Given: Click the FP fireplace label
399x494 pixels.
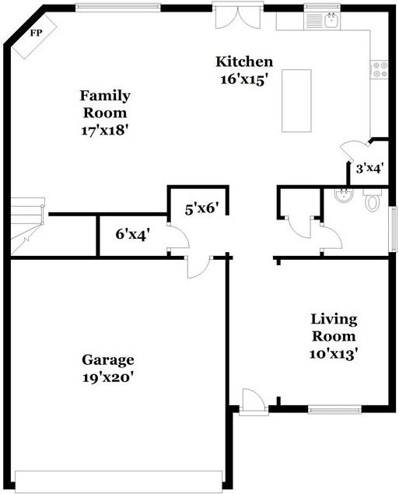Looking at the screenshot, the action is (36, 33).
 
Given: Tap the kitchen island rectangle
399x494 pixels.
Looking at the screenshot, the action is (296, 100).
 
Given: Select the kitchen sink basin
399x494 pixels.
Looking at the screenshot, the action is (331, 21).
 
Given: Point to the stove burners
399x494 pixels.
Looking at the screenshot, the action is (380, 69).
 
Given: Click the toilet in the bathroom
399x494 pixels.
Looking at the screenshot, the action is (373, 200).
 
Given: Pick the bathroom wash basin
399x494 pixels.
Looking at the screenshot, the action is (344, 195).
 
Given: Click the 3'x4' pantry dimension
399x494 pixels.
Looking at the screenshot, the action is (369, 169).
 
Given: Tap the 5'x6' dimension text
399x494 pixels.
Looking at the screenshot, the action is (201, 208).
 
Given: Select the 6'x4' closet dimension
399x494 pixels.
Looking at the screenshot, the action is (132, 234).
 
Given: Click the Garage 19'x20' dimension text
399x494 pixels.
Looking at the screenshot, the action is (107, 377).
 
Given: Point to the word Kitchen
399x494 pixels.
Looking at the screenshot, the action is (244, 61).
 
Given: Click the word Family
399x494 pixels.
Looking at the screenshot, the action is (105, 96).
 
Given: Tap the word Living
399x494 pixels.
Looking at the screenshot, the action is (334, 320).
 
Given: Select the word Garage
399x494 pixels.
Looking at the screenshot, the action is (108, 359).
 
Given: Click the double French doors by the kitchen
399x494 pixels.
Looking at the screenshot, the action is (238, 15).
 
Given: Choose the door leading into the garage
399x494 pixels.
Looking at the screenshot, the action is (199, 267).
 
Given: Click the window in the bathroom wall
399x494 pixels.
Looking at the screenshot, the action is (393, 229).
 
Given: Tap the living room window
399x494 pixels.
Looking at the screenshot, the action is (334, 409).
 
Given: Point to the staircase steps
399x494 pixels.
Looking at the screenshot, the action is (27, 226).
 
